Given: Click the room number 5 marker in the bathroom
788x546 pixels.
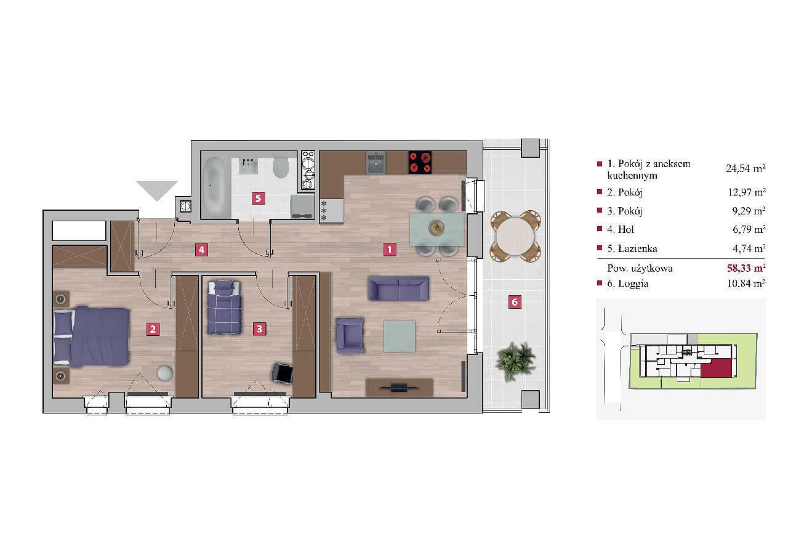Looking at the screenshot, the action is pos(258,198).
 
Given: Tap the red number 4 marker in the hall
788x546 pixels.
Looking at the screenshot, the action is pos(201,250).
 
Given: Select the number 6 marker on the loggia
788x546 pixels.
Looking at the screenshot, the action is pos(515,302).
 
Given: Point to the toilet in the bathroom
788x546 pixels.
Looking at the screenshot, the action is pos(281,166).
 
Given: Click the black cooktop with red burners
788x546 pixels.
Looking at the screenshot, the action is pos(420,162).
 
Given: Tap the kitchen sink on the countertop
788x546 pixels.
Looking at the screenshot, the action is pos(376,163).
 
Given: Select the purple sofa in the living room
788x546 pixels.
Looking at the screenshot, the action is pos(398,288).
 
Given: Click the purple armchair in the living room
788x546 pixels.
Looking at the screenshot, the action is pos(350,336).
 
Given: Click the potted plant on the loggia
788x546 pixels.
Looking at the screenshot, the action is pos(515,361).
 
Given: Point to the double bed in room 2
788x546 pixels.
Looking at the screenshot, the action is pos(92,336).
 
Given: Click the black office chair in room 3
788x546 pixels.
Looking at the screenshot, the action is pos(283,373).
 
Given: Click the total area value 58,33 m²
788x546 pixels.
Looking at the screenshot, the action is pos(746,268).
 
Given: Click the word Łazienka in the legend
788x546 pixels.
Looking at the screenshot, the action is pos(637,249).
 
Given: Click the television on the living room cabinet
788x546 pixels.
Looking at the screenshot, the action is pos(399,388).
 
